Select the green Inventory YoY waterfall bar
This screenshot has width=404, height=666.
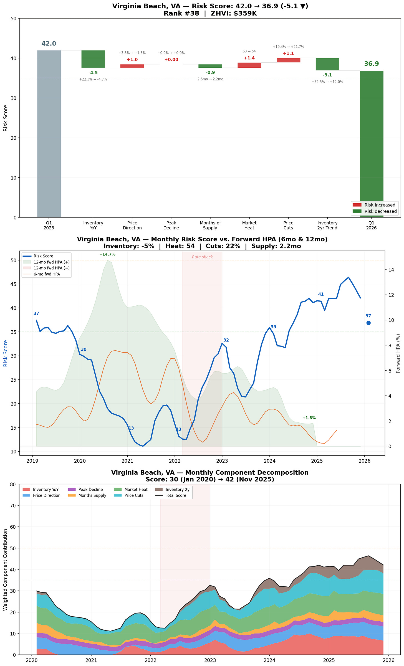[x=93, y=59]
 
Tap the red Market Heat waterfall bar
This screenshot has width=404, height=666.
[x=249, y=65]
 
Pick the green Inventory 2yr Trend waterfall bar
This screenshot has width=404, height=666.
[x=327, y=64]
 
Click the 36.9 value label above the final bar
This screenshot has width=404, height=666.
[x=371, y=64]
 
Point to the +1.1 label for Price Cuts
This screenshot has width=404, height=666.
[x=288, y=54]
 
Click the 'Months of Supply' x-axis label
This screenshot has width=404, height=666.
[x=210, y=225]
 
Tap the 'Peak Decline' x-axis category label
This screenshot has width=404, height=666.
[x=171, y=225]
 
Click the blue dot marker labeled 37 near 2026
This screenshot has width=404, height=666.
[x=368, y=323]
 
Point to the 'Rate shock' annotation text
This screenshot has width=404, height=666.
[x=202, y=257]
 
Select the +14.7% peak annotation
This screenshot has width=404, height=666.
[x=107, y=254]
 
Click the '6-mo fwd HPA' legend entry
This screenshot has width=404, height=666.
[x=47, y=274]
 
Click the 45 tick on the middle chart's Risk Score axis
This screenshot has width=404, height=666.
[x=13, y=284]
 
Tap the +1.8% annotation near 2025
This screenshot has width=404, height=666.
[x=309, y=418]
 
